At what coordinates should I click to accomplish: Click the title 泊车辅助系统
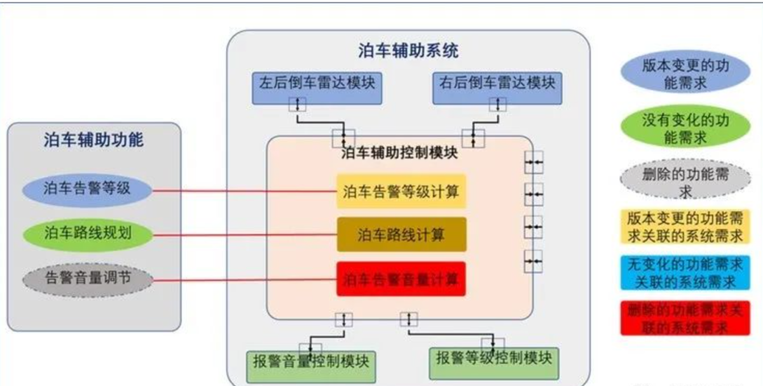(x=408, y=50)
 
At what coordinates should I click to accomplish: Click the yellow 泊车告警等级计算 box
(x=401, y=191)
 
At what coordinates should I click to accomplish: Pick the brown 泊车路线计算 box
(x=401, y=235)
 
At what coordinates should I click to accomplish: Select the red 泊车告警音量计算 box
(x=401, y=279)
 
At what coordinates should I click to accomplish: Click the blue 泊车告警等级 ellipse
(x=88, y=189)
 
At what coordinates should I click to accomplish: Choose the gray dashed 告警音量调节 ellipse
(x=88, y=279)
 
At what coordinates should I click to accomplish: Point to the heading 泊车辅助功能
(x=93, y=140)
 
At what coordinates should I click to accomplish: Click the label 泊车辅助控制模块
(x=399, y=153)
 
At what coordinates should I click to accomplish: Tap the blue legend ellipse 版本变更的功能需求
(x=684, y=74)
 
